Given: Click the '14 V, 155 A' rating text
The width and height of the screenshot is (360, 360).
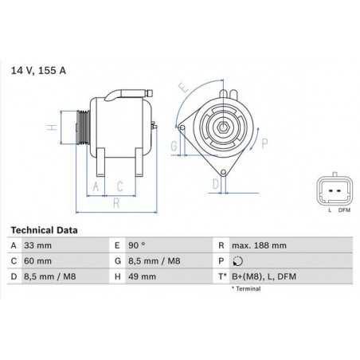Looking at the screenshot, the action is click(38, 71).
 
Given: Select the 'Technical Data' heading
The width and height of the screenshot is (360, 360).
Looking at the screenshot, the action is click(44, 230).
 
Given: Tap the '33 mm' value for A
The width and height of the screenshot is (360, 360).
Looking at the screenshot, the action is click(37, 245).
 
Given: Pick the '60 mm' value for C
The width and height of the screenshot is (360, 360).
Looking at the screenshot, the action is click(37, 261).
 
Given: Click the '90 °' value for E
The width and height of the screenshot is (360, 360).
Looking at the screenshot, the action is click(137, 245).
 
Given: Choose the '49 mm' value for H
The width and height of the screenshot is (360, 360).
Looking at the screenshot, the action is click(142, 276).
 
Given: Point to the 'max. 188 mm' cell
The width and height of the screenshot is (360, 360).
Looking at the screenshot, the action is click(259, 245).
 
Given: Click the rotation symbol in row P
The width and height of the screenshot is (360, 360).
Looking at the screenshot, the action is click(237, 261).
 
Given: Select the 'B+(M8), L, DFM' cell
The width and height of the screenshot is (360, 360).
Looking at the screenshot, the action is click(264, 276).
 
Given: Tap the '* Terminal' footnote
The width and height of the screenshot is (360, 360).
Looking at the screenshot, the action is click(246, 288).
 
